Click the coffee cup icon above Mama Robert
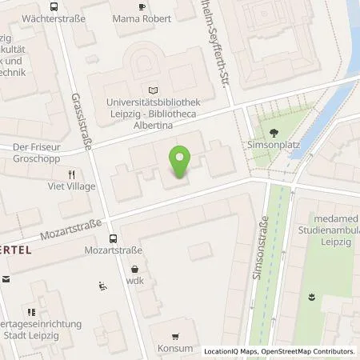[142, 7]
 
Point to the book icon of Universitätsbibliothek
[154, 91]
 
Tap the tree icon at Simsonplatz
[274, 134]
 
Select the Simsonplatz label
[274, 147]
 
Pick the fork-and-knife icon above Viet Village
[71, 174]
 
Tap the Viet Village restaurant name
[71, 186]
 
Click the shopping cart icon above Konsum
[175, 335]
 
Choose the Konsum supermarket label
[175, 348]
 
